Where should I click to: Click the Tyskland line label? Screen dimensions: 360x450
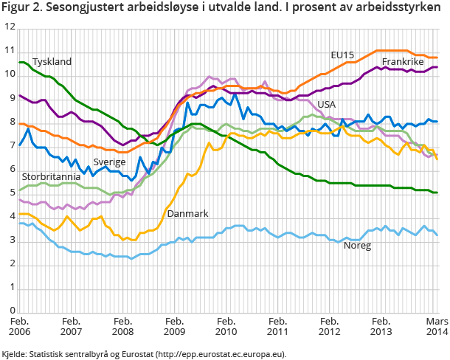[52, 62]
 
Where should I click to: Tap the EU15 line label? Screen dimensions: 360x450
[342, 55]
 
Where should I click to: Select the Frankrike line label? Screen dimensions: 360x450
[404, 61]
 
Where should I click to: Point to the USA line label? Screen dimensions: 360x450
[326, 104]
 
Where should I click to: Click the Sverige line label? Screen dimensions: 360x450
[109, 162]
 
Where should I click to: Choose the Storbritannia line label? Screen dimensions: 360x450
[51, 177]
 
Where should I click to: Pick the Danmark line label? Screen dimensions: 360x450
[187, 213]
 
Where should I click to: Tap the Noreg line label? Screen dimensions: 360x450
[358, 245]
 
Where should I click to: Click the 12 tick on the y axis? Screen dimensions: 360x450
[10, 27]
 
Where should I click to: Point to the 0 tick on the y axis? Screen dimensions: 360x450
[12, 311]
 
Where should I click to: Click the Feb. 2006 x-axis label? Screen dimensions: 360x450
[19, 327]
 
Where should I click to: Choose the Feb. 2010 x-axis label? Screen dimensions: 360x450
[226, 327]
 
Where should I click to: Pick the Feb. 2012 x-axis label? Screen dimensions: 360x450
[329, 327]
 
